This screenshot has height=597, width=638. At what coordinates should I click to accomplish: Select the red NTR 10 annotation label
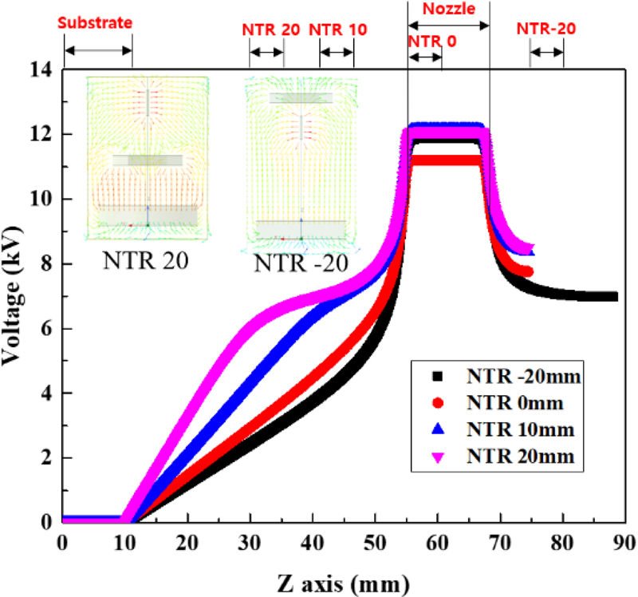click(x=337, y=30)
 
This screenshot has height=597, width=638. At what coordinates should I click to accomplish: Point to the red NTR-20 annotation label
click(x=546, y=30)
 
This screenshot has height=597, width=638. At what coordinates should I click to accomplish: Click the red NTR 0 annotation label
click(x=431, y=41)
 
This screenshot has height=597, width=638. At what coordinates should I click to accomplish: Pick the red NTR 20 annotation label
click(x=271, y=30)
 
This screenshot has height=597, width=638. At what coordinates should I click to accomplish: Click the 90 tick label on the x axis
click(x=625, y=542)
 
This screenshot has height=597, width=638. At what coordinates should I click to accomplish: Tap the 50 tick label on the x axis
click(x=375, y=542)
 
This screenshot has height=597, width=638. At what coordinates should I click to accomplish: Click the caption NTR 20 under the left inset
click(x=147, y=259)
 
